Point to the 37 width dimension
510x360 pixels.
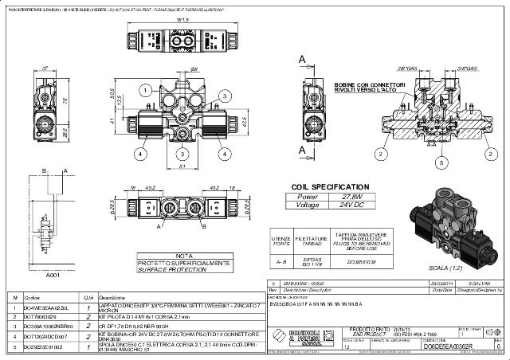tap(45, 68)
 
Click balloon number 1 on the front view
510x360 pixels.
tap(149, 92)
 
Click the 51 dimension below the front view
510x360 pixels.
tap(182, 167)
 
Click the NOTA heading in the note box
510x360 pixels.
tap(185, 256)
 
